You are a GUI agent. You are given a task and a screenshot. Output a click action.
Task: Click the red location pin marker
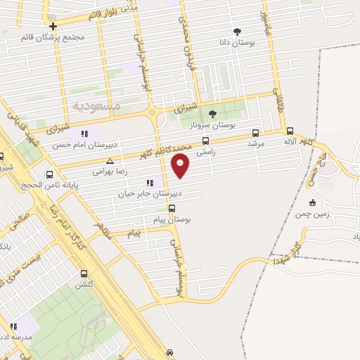click(x=181, y=165)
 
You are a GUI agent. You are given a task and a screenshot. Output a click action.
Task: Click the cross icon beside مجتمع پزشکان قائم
click(x=53, y=26)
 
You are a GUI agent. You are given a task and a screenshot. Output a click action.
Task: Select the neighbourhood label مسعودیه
click(x=96, y=106)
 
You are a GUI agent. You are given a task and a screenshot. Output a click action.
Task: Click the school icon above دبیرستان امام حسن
click(x=84, y=134)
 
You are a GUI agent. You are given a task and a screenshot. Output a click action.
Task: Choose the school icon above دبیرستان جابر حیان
click(x=149, y=183)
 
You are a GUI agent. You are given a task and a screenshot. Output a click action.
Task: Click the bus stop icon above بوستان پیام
click(x=172, y=209)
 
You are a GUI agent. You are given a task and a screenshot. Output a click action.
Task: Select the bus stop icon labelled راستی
click(x=205, y=140)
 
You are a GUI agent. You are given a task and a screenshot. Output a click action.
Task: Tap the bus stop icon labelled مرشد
click(x=255, y=132)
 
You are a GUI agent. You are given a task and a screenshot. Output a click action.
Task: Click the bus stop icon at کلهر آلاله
click(x=290, y=131)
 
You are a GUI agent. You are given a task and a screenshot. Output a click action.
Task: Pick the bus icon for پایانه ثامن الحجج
click(x=49, y=174)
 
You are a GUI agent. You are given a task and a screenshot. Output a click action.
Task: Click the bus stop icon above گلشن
click(x=84, y=274)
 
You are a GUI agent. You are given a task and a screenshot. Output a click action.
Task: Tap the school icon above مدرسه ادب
click(x=13, y=326)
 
